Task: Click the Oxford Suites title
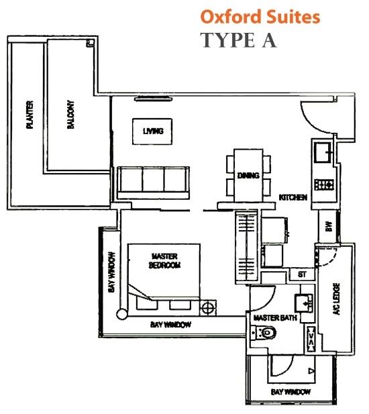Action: [260, 17]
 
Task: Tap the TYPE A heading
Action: [240, 40]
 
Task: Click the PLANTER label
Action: [30, 115]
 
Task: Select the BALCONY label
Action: [70, 115]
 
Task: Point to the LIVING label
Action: [153, 131]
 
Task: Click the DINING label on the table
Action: [248, 175]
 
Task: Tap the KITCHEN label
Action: [293, 197]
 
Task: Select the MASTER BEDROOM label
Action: [164, 260]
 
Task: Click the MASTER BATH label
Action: [275, 317]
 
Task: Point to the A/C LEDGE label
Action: [337, 299]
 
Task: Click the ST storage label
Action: [302, 274]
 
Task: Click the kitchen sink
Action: [323, 152]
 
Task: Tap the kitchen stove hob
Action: [324, 185]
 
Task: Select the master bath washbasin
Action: [304, 303]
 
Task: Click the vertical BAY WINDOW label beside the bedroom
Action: [112, 272]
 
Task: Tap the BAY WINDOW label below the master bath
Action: [291, 392]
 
